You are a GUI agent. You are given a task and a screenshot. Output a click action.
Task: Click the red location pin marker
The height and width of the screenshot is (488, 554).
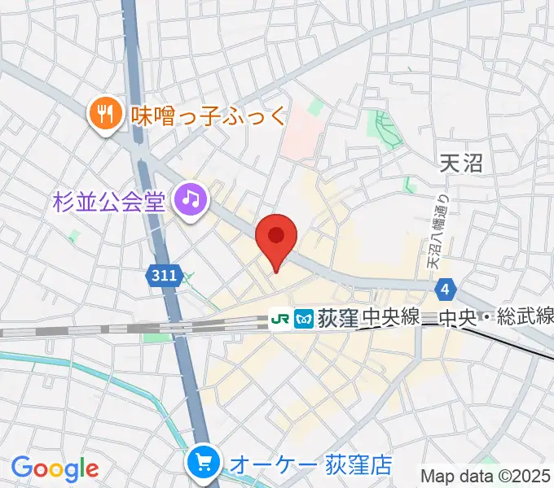point(276,237)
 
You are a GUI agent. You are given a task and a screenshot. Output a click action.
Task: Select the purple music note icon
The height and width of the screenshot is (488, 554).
point(191,199)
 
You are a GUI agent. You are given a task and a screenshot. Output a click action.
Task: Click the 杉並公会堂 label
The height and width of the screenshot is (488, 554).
point(109,198)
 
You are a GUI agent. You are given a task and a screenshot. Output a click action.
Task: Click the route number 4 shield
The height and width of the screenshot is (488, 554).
point(445,289)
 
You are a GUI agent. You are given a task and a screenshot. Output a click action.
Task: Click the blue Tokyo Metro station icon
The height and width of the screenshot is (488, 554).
point(304,318)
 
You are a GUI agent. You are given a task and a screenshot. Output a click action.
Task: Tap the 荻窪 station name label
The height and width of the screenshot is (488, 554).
point(337,318)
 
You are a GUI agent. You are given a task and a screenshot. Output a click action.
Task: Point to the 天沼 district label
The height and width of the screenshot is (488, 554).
point(460,163)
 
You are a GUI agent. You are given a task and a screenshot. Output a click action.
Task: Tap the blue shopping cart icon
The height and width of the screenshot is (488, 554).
point(202,464)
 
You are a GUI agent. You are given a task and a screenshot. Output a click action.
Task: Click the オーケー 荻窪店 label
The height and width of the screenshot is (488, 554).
point(310,464)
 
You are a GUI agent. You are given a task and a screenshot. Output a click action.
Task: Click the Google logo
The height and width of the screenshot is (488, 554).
point(55,468)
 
